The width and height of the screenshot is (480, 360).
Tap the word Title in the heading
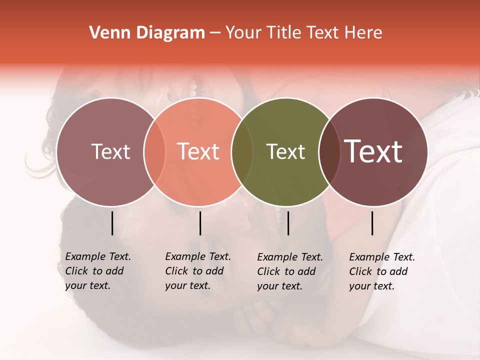point(283,33)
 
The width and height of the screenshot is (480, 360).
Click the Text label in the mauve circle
point(110,151)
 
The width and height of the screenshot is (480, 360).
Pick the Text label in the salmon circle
point(198,151)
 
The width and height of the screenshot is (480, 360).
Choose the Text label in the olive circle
point(285,151)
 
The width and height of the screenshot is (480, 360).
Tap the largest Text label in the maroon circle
point(373,151)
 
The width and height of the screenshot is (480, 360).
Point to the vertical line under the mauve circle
point(112,223)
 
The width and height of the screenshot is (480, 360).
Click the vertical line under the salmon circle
point(200,223)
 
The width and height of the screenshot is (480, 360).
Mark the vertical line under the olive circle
point(288,223)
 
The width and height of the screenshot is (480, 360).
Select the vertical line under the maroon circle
point(372,223)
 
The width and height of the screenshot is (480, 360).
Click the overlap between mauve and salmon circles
point(154,151)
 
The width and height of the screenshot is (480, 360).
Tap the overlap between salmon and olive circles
point(242,151)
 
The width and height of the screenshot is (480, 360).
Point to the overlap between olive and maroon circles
point(328,151)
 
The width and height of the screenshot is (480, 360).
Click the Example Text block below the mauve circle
point(97,271)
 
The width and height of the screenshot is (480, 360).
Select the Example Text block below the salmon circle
point(197,271)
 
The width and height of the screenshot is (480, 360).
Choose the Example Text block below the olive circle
point(289,271)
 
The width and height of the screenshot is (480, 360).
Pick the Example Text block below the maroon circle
point(381,271)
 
